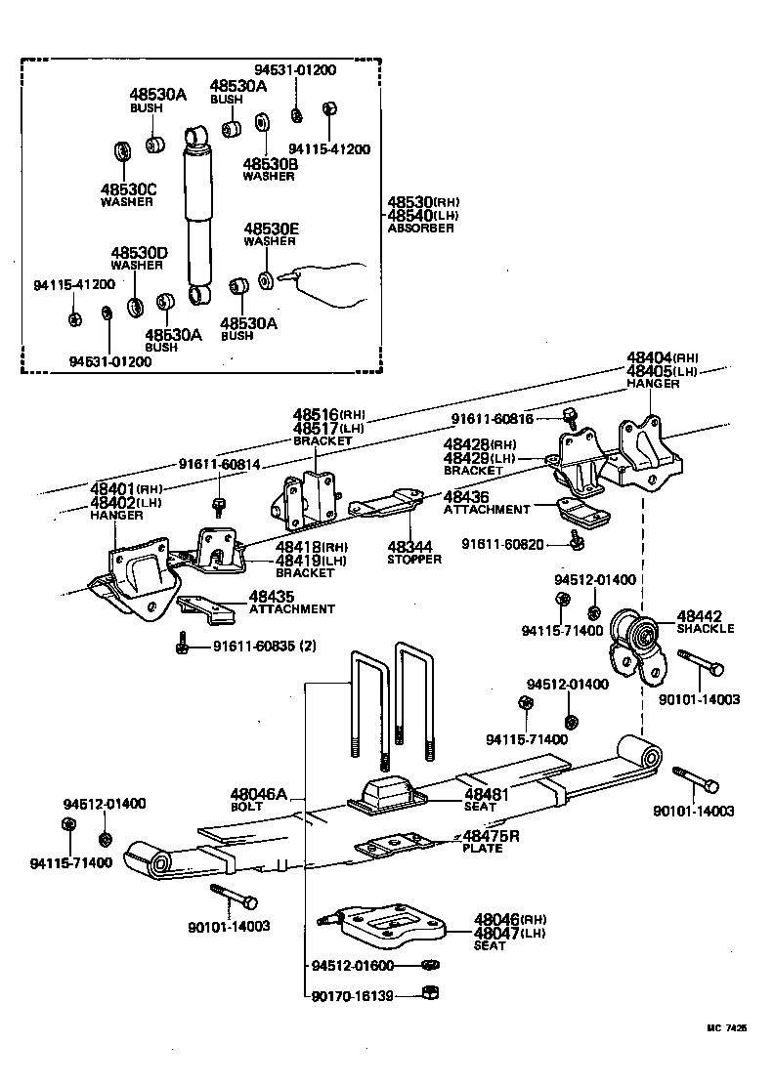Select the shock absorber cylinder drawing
pyautogui.click(x=198, y=215)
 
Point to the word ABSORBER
pyautogui.click(x=420, y=229)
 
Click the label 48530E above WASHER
pyautogui.click(x=271, y=229)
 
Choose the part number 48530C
pyautogui.click(x=128, y=188)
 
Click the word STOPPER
pyautogui.click(x=413, y=560)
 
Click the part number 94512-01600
pyautogui.click(x=353, y=966)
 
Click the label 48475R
pyautogui.click(x=491, y=836)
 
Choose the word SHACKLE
pyautogui.click(x=706, y=628)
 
